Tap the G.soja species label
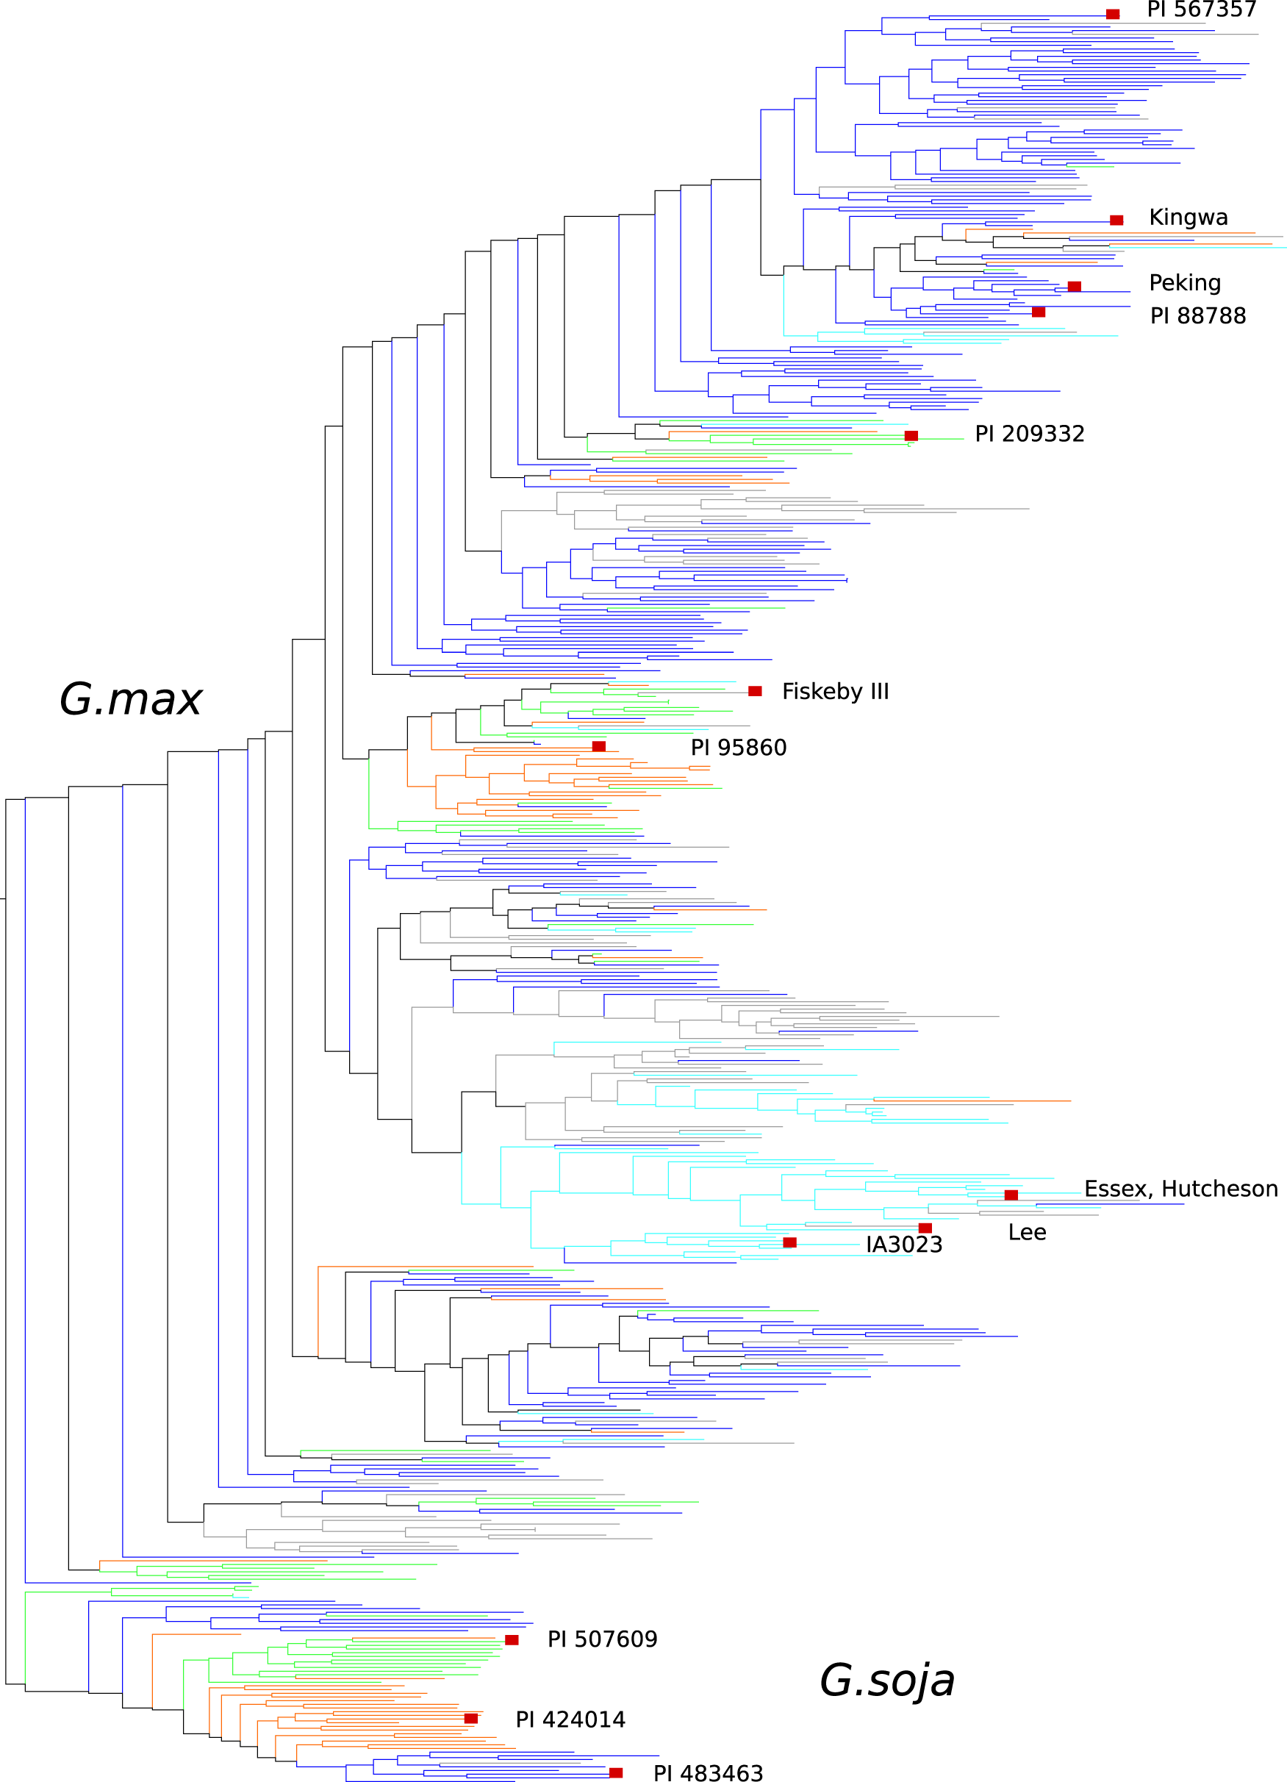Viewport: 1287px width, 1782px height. (x=886, y=1680)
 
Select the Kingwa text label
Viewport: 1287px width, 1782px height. (x=1187, y=218)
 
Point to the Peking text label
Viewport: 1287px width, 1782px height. (x=1184, y=283)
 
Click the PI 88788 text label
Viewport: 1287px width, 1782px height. (x=1197, y=316)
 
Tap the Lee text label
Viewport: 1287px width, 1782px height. (x=1026, y=1232)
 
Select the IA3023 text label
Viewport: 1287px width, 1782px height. (x=903, y=1245)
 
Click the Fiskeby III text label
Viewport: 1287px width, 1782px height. (x=834, y=692)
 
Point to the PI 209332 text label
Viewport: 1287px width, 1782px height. (x=1028, y=434)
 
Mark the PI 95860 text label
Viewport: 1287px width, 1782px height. (x=738, y=747)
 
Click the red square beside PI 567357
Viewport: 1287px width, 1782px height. (x=1113, y=14)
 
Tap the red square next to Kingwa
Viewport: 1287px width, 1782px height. (x=1116, y=220)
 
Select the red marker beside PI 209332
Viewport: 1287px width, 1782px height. (x=911, y=435)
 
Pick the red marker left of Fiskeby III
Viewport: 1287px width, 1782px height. (x=754, y=690)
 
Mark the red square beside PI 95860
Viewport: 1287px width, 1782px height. (x=599, y=745)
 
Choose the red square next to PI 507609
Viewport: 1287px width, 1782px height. (x=512, y=1640)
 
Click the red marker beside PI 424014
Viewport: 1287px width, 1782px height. (x=470, y=1718)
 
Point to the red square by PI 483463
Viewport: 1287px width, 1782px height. (x=616, y=1772)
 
